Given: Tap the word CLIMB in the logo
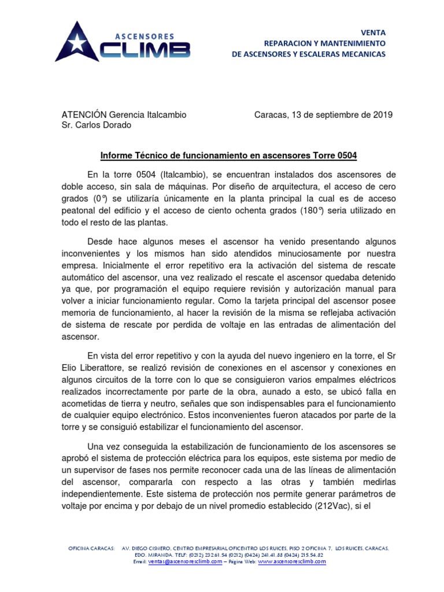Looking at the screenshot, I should (x=145, y=50).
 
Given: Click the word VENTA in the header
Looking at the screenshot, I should (x=373, y=32).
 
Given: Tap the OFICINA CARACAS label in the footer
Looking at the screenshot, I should (x=91, y=547).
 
